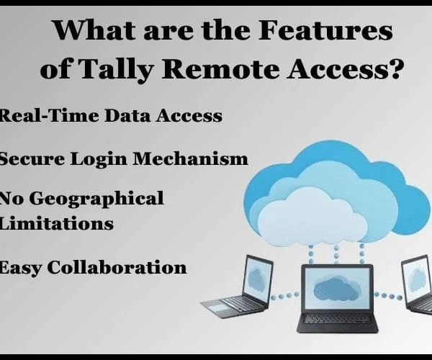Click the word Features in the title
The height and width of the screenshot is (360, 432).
[x=325, y=30]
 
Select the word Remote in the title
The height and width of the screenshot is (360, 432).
[x=220, y=68]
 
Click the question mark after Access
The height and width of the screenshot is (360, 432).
[x=393, y=68]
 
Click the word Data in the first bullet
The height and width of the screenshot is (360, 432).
[x=127, y=115]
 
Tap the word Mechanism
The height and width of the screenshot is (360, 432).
[x=190, y=159]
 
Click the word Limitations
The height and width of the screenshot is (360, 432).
[x=56, y=222]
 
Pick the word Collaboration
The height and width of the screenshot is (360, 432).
[x=117, y=266]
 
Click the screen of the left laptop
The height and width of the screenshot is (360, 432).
[x=257, y=279]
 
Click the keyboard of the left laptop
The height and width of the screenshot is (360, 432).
[x=235, y=304]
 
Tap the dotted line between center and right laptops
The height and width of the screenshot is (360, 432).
[x=389, y=296]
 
